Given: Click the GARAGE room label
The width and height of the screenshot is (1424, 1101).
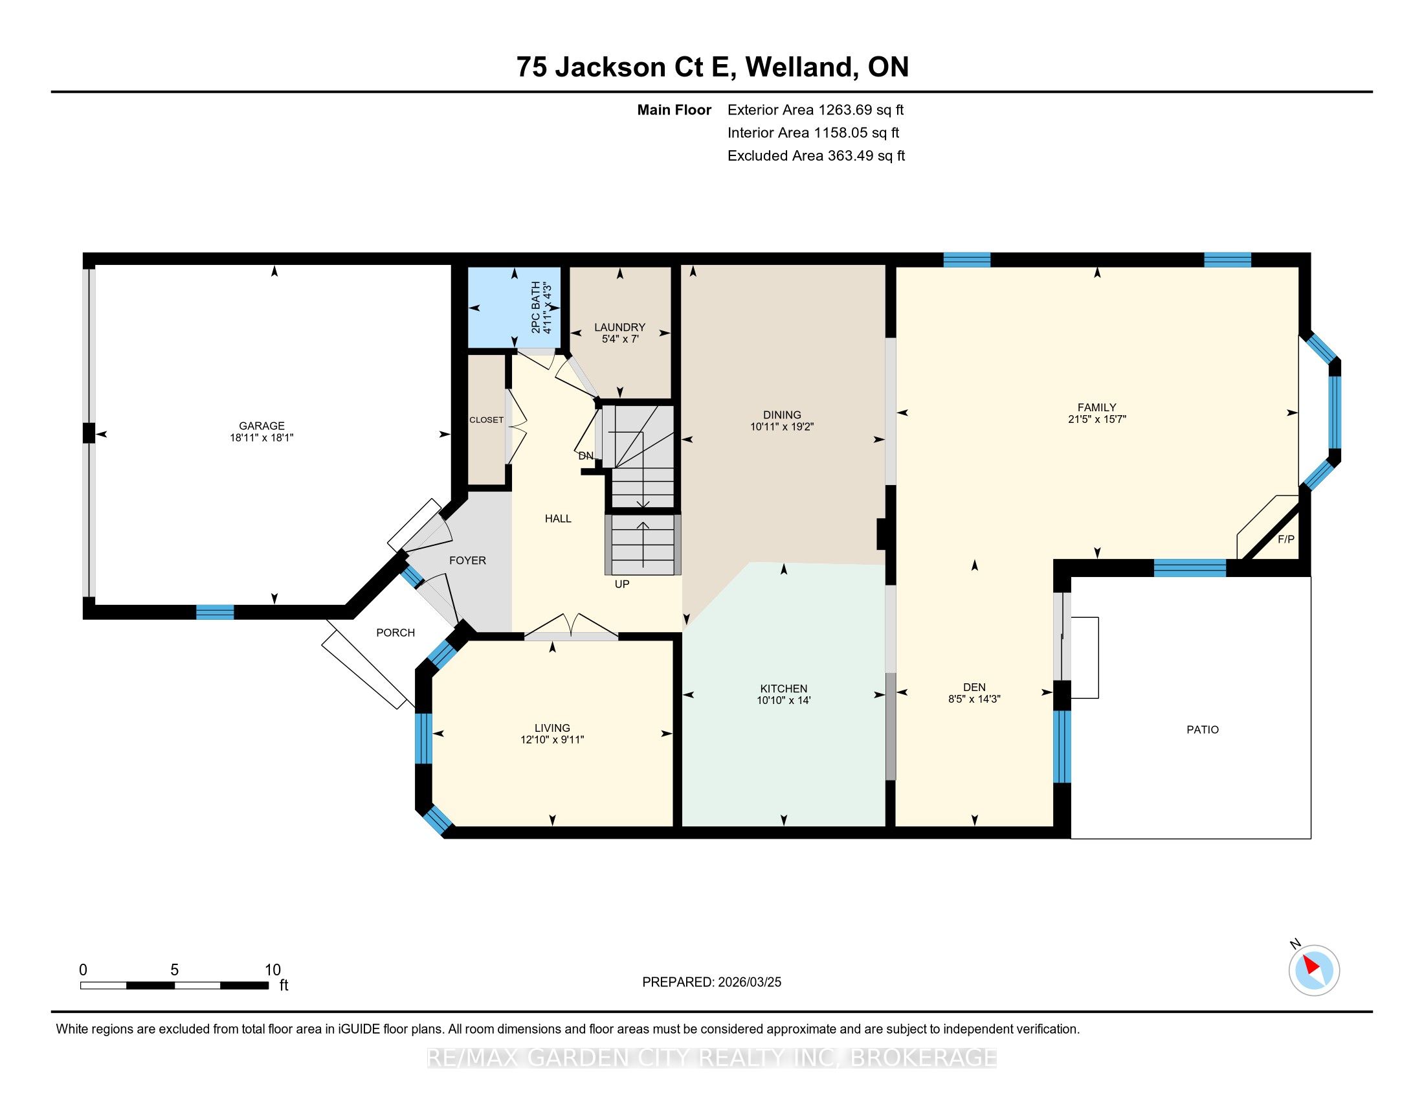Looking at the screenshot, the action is click(x=261, y=426).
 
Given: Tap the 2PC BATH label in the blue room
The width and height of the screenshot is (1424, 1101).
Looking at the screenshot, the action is click(x=536, y=307).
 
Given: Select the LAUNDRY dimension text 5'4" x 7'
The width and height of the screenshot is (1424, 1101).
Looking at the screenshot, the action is click(x=620, y=339).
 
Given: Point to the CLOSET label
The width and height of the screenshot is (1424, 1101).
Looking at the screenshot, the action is click(x=486, y=420).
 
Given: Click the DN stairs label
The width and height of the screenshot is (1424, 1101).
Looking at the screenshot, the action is click(x=586, y=456).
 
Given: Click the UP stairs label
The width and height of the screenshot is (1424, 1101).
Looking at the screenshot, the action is click(x=622, y=584).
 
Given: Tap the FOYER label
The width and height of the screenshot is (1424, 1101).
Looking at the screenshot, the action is click(x=467, y=560).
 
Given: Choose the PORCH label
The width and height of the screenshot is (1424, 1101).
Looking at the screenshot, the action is click(x=395, y=633).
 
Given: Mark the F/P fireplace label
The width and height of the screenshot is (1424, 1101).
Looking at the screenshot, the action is click(x=1285, y=539).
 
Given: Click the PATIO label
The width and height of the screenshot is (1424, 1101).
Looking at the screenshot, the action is click(x=1203, y=730).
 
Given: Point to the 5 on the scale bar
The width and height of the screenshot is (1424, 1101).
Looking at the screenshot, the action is click(x=174, y=970).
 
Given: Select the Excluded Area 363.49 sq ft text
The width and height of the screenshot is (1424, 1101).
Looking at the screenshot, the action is click(x=816, y=156).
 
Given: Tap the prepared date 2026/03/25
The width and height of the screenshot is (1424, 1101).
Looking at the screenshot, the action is click(x=749, y=982).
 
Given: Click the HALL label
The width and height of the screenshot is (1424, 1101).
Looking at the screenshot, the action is click(x=558, y=519).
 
